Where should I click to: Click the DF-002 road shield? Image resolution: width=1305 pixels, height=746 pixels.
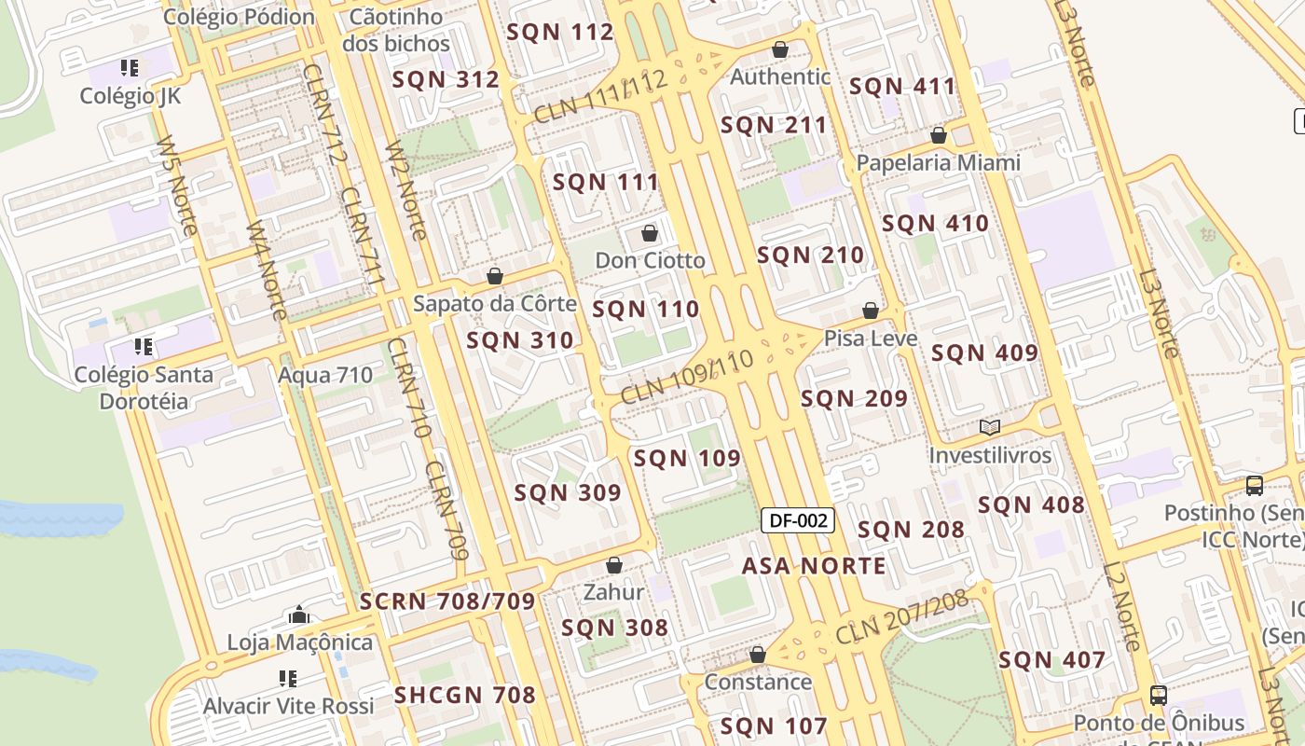tap(797, 520)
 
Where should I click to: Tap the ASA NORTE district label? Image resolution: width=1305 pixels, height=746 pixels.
tap(814, 566)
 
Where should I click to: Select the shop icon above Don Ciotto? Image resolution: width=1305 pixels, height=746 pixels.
tap(650, 233)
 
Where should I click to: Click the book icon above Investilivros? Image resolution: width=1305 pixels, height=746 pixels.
tap(990, 428)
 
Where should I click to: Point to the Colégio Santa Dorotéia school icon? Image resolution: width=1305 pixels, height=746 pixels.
tap(144, 347)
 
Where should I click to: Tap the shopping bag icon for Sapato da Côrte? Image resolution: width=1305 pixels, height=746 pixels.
tap(495, 276)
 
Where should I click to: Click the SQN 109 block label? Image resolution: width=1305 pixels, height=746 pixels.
tap(687, 458)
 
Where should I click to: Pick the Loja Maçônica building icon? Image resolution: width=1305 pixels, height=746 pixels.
tap(299, 615)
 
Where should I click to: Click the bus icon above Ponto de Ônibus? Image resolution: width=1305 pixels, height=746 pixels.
tap(1158, 696)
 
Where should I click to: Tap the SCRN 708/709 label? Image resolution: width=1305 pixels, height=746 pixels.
tap(447, 601)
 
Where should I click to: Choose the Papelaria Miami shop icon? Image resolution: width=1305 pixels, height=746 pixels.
tap(939, 136)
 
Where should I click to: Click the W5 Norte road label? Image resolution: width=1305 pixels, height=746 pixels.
tap(176, 186)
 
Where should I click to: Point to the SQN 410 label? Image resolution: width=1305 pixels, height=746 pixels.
tap(935, 224)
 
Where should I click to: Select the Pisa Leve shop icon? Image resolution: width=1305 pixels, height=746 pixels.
tap(871, 311)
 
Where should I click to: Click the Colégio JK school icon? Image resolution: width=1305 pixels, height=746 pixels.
tap(130, 68)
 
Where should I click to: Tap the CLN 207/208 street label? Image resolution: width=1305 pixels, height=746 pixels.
tap(902, 616)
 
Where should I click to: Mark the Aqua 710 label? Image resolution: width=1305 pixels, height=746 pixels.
tap(325, 375)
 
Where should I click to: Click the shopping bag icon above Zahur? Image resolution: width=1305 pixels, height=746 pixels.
tap(613, 565)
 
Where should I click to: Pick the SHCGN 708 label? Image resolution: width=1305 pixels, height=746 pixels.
tap(464, 695)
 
